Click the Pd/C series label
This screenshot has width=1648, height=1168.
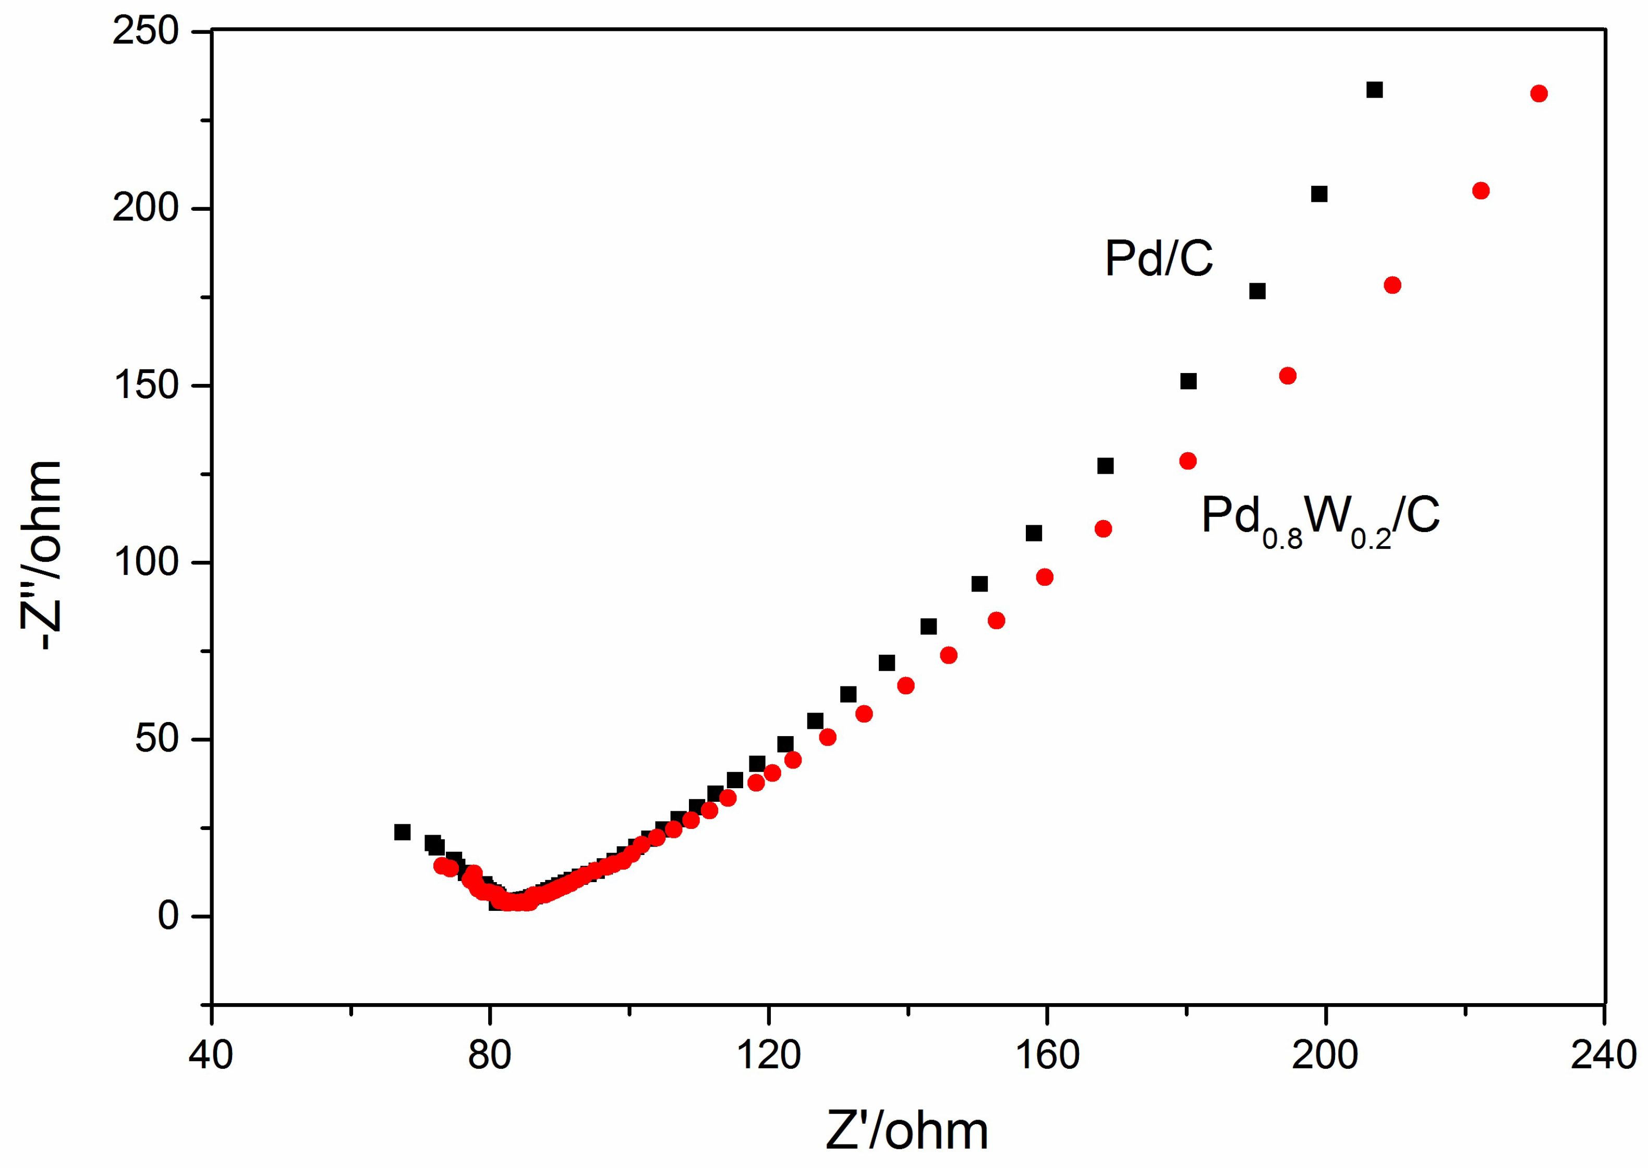pyautogui.click(x=1158, y=259)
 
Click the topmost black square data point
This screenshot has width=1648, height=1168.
pyautogui.click(x=1374, y=90)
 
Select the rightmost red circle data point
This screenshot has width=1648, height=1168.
pyautogui.click(x=1538, y=93)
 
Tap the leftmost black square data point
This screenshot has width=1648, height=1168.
pyautogui.click(x=402, y=832)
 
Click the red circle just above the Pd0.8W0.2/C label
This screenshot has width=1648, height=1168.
pyautogui.click(x=1188, y=461)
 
